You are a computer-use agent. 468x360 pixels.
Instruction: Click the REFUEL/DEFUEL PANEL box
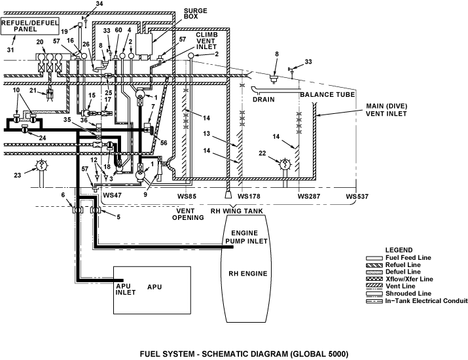tap(30, 26)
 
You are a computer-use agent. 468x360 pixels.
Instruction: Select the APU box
tap(152, 290)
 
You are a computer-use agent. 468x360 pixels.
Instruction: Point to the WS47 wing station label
tap(112, 195)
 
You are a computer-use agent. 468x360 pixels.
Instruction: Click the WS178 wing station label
tap(249, 196)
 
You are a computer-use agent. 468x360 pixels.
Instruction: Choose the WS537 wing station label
tap(357, 196)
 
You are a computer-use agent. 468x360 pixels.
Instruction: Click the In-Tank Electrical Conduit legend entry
tap(417, 300)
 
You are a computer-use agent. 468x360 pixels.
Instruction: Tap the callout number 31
tap(10, 50)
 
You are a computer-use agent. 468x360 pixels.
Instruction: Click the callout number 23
tap(17, 175)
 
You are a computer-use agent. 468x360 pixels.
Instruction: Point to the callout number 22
tap(262, 153)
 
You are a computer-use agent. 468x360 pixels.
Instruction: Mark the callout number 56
tap(164, 143)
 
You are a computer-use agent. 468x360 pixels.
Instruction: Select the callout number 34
tap(99, 3)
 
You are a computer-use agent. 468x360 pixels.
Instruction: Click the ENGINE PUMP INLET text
tap(246, 237)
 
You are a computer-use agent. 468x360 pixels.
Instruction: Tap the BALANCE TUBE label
tap(327, 95)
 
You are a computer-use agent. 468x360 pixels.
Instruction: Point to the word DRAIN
tap(264, 99)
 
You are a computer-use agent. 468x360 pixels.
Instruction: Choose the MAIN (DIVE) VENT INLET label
tap(386, 110)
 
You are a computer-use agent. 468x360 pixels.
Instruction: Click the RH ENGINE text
tap(247, 274)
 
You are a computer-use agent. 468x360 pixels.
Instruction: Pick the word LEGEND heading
tap(399, 250)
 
